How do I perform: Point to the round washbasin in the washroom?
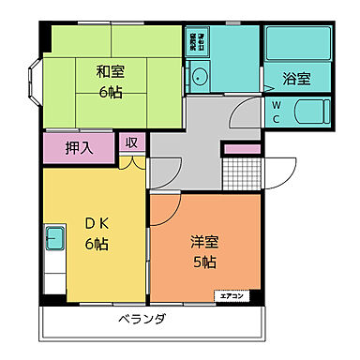(199, 80)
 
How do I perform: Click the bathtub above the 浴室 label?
(297, 44)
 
